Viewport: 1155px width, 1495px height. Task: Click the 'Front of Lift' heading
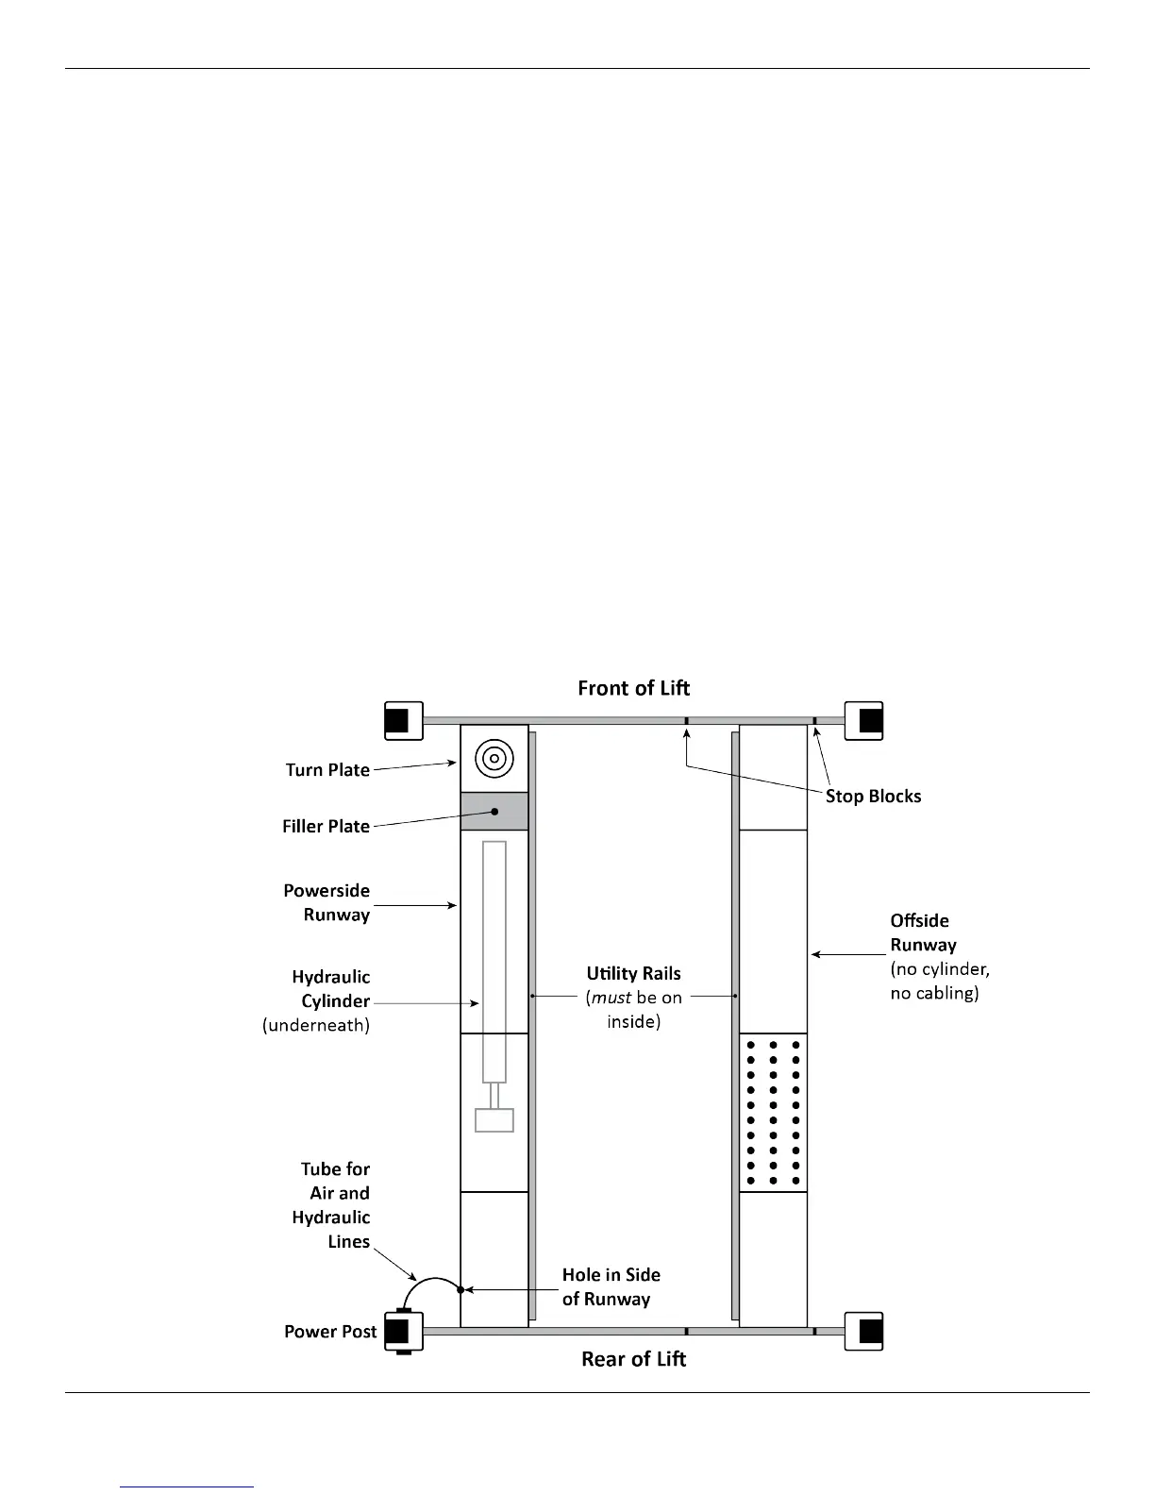[x=633, y=688]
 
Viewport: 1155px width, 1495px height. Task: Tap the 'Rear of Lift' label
[x=633, y=1359]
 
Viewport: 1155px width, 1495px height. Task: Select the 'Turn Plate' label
[x=327, y=770]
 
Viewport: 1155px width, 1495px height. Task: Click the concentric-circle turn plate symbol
[x=494, y=758]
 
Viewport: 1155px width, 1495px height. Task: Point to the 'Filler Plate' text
[x=326, y=827]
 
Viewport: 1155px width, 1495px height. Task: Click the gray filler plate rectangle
[x=494, y=812]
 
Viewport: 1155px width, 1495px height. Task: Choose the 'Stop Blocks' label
[x=873, y=797]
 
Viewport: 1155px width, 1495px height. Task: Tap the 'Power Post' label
[x=330, y=1332]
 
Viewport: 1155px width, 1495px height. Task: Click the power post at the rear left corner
[x=403, y=1332]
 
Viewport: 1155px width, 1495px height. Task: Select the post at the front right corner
[x=863, y=721]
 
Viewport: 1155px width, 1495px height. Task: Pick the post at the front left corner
[x=403, y=721]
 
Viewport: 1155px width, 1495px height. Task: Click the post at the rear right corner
[x=863, y=1332]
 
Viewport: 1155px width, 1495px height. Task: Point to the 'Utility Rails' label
[x=633, y=974]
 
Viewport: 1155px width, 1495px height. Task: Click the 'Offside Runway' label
[x=922, y=932]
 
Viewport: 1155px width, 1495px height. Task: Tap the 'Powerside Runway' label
[x=327, y=902]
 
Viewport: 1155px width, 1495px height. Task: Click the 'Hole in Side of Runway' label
[x=611, y=1286]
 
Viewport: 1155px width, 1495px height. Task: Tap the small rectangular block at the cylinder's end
[x=494, y=1120]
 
